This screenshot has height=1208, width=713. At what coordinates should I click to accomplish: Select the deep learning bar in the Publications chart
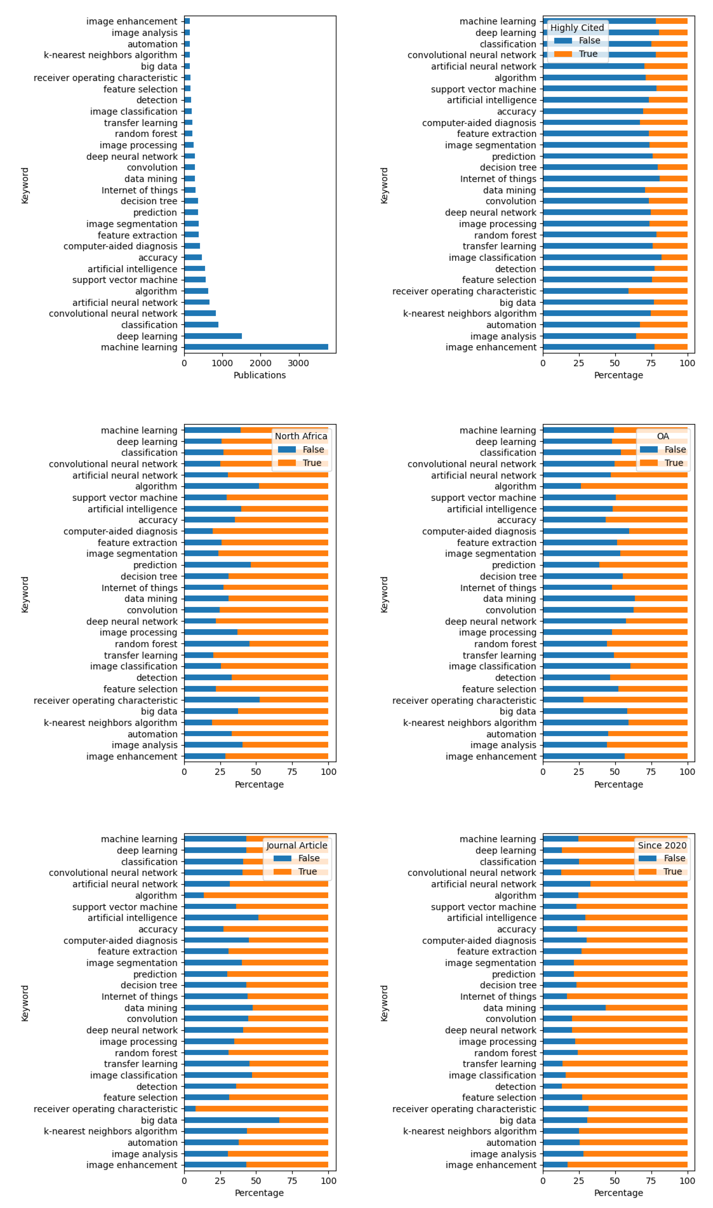(x=213, y=336)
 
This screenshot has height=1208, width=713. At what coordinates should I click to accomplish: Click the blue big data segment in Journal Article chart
(x=232, y=1120)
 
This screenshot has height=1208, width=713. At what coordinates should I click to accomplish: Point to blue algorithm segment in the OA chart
(x=562, y=486)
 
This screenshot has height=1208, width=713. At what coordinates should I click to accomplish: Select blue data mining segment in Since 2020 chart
(x=574, y=1008)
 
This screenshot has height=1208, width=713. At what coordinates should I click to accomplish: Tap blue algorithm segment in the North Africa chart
(x=222, y=486)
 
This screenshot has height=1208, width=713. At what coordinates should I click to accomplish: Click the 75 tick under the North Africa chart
(x=292, y=772)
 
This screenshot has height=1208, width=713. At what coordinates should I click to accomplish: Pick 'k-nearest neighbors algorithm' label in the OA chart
(x=469, y=722)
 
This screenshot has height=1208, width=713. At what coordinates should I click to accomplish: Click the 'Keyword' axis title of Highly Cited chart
(x=384, y=186)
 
